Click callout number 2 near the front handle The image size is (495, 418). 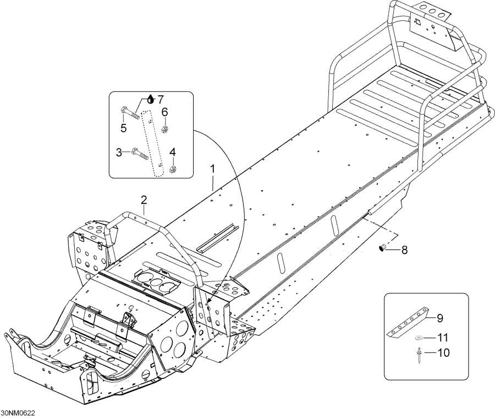[x=144, y=199]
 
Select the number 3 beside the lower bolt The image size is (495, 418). [x=119, y=151]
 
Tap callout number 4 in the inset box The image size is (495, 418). [x=172, y=151]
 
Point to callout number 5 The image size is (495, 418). [x=123, y=128]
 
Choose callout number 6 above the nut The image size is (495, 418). [x=164, y=112]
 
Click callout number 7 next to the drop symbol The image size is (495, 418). [x=160, y=100]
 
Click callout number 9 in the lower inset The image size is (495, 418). [x=439, y=317]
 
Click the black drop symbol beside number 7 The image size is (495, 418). [x=151, y=100]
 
